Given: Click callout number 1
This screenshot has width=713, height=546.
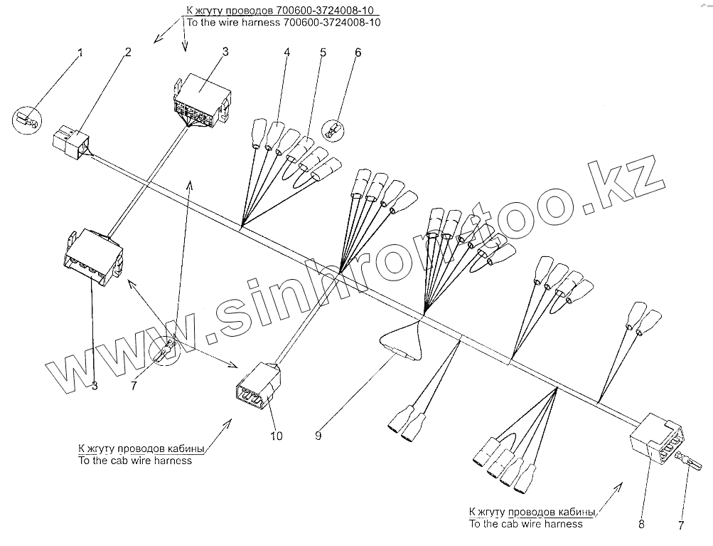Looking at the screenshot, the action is point(80,53).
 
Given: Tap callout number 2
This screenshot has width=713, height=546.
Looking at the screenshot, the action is point(129,52).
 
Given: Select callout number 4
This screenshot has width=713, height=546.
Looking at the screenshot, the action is point(287,52).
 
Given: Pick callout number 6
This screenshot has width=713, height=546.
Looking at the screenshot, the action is point(358,52).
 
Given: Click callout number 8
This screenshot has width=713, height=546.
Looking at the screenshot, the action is point(641,525).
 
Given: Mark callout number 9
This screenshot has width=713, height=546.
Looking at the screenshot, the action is point(319,435).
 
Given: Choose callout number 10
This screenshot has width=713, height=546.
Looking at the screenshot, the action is point(276,436).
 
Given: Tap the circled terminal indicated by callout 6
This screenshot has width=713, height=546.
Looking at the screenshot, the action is point(332,130).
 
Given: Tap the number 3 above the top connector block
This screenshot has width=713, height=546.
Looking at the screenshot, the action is point(225,52).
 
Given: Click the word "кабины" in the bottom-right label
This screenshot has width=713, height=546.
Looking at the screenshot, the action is point(574,512).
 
